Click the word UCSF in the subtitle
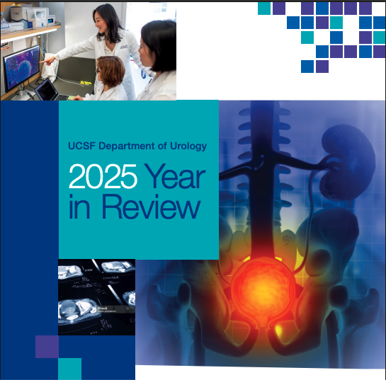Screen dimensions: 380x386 pyautogui.click(x=80, y=146)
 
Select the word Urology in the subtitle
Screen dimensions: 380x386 pyautogui.click(x=188, y=146)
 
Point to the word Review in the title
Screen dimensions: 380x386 pyautogui.click(x=150, y=207)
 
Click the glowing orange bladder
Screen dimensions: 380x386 pyautogui.click(x=262, y=283)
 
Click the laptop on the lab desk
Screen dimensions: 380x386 pyautogui.click(x=47, y=90)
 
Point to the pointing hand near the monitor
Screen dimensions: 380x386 pyautogui.click(x=47, y=62)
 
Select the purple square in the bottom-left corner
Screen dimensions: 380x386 pyautogui.click(x=47, y=347)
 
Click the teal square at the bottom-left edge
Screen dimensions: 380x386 pyautogui.click(x=69, y=369)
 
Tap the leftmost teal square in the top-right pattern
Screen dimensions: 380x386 pyautogui.click(x=264, y=8)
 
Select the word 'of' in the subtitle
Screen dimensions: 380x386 pyautogui.click(x=163, y=146)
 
